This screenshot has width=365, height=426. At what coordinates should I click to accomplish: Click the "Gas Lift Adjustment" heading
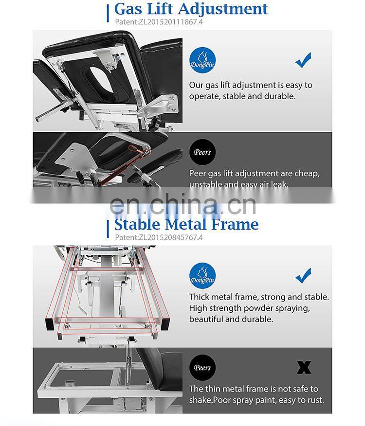pyautogui.click(x=191, y=9)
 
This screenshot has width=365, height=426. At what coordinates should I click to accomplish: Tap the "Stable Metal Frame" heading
pyautogui.click(x=186, y=224)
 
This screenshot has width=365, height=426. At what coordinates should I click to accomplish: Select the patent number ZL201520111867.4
pyautogui.click(x=171, y=22)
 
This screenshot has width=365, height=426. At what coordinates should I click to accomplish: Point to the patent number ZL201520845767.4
pyautogui.click(x=171, y=237)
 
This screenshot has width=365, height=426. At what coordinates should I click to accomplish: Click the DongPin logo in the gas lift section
pyautogui.click(x=202, y=60)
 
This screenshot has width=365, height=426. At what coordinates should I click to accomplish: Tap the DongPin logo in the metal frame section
pyautogui.click(x=202, y=275)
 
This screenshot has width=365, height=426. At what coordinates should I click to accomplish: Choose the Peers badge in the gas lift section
pyautogui.click(x=202, y=152)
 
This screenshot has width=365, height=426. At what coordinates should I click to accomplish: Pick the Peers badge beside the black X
pyautogui.click(x=202, y=368)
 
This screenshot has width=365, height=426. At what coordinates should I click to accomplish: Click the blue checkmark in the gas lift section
pyautogui.click(x=303, y=60)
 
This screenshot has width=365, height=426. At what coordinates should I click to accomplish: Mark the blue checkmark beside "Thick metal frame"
pyautogui.click(x=303, y=275)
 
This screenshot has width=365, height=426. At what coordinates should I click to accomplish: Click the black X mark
pyautogui.click(x=304, y=368)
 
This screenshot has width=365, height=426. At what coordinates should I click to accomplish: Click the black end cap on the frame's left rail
pyautogui.click(x=50, y=324)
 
